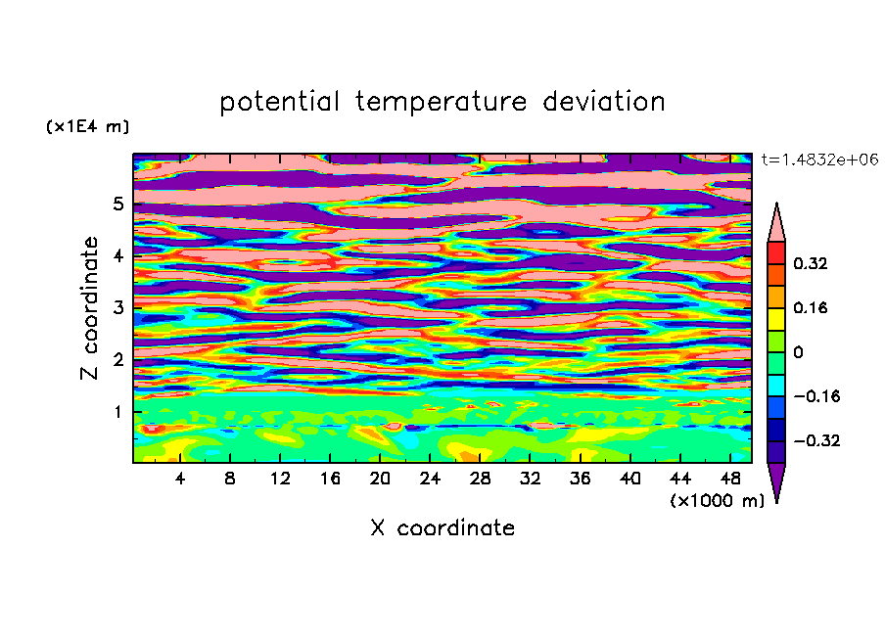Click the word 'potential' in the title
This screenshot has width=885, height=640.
279,102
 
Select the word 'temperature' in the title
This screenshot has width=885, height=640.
442,102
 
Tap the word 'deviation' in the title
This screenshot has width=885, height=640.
604,101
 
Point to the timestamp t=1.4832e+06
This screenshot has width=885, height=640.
819,160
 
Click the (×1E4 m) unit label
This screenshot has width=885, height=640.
87,126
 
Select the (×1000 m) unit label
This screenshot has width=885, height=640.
717,500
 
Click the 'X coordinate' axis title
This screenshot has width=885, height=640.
442,527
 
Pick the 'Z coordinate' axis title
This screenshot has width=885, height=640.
89,307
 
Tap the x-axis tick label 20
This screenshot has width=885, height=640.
380,479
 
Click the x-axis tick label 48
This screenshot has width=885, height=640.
730,479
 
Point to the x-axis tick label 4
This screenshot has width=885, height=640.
180,479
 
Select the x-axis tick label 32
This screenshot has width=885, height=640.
530,479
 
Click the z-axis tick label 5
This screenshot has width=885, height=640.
117,204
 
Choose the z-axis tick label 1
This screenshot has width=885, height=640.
117,412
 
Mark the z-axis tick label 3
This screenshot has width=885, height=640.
117,307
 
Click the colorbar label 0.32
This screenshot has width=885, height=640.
810,263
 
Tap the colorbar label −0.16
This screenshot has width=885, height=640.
816,396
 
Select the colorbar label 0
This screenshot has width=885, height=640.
798,352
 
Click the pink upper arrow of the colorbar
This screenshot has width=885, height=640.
776,222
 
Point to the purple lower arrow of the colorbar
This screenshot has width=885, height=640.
776,482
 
